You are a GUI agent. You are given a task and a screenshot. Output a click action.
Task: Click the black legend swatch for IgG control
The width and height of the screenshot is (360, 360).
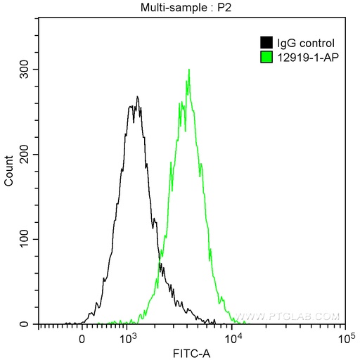(x=266, y=43)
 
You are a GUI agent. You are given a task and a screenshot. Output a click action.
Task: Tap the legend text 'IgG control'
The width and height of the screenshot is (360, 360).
(x=300, y=43)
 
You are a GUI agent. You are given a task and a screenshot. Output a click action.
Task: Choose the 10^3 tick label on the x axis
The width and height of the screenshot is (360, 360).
(x=127, y=338)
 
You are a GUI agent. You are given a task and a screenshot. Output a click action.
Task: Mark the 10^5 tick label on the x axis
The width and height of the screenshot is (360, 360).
(x=344, y=338)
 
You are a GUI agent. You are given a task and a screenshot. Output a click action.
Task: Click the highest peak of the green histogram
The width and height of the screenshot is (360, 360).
(x=189, y=70)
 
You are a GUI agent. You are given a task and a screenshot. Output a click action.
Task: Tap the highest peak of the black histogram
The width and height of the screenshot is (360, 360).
(x=138, y=97)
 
